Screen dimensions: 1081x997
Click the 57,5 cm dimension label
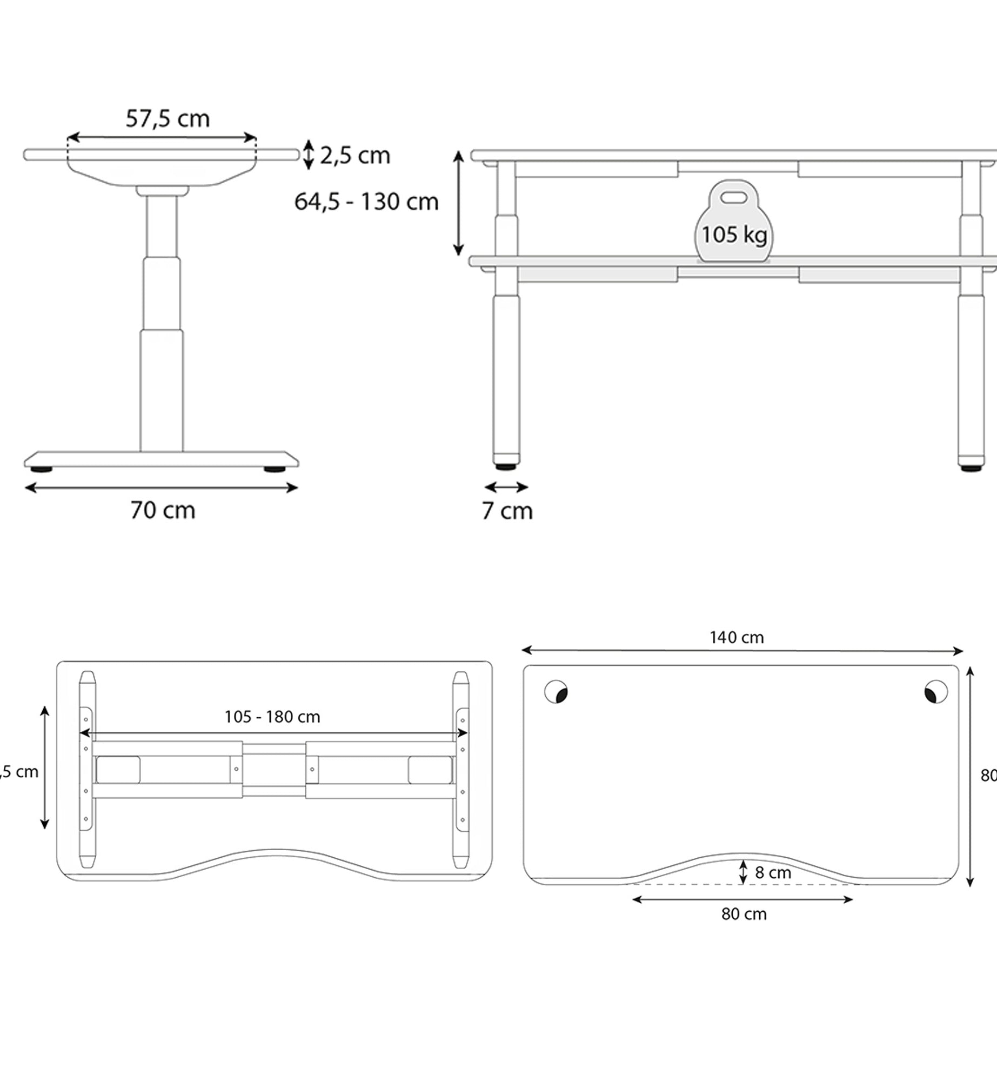pos(168,119)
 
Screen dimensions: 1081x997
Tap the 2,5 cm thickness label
pos(354,156)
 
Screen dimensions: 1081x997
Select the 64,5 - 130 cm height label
pos(366,202)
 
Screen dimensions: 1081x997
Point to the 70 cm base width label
pos(163,510)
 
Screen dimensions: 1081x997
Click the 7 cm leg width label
pos(507,511)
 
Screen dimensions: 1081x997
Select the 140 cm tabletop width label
pos(737,638)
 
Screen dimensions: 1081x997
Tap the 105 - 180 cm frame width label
pos(272,717)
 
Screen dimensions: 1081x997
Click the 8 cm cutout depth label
pos(773,873)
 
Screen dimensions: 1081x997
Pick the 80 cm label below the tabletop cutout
pos(744,915)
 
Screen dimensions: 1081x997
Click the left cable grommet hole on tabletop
pos(556,692)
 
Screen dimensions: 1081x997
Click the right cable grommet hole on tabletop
pos(936,692)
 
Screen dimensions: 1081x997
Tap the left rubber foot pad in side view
pos(42,470)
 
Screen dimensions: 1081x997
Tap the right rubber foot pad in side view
pos(275,470)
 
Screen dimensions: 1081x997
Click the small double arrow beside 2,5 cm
pos(308,155)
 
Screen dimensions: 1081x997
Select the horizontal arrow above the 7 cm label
pos(506,488)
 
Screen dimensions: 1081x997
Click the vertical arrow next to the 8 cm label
pos(743,872)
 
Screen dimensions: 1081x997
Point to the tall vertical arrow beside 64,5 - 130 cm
pos(458,203)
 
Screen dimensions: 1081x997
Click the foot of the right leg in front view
pos(971,467)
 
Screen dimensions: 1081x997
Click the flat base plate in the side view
pos(161,459)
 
